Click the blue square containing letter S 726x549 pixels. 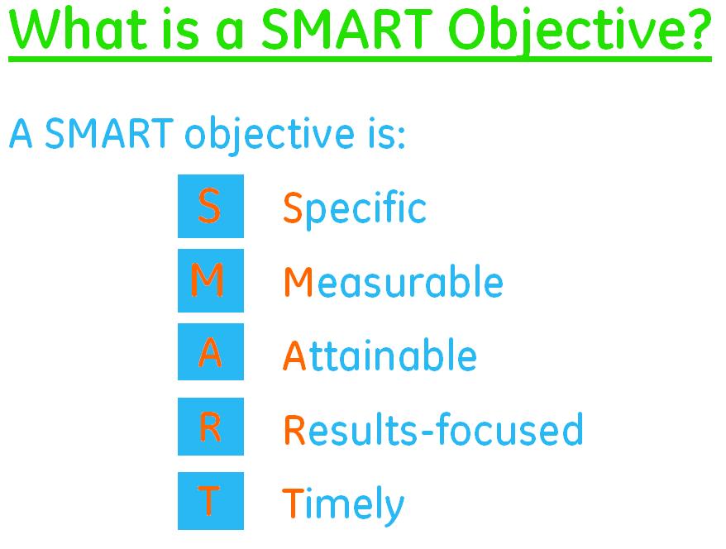[x=211, y=206]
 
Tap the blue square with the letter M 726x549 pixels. [x=211, y=280]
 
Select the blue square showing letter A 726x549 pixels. [x=211, y=351]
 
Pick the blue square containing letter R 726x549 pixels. [x=211, y=427]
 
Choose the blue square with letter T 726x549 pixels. [x=211, y=501]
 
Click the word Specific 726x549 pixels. [x=355, y=210]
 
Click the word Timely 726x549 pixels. [x=343, y=505]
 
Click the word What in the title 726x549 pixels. [x=79, y=29]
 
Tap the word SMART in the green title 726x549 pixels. [x=346, y=29]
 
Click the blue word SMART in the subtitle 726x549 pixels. [x=109, y=133]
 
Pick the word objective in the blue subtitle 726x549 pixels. [x=270, y=136]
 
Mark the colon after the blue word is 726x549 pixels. [x=401, y=137]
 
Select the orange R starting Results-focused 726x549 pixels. [x=294, y=429]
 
